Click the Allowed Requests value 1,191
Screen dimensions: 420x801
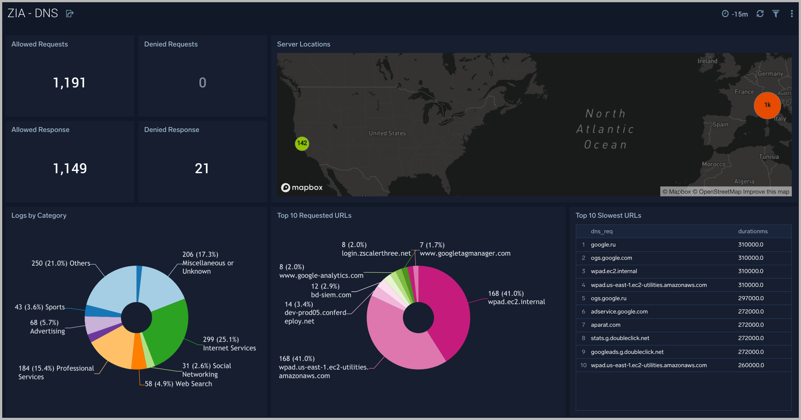(69, 82)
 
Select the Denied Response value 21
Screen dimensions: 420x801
(202, 168)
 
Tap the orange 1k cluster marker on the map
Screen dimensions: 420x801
(767, 105)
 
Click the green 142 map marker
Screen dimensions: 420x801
(302, 143)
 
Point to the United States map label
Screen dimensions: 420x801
(387, 133)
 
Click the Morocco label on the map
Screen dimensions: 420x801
(713, 164)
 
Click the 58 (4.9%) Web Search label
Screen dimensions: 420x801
(178, 383)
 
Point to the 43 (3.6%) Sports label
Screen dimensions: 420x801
(40, 307)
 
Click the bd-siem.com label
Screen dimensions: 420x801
(331, 295)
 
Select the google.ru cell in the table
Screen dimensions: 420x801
(603, 244)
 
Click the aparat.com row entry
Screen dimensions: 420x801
(605, 325)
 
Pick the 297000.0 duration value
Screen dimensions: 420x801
(751, 298)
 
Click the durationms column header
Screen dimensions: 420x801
(752, 231)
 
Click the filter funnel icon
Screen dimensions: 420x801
(776, 14)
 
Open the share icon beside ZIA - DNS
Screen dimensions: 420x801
(70, 14)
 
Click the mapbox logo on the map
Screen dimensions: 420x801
(302, 187)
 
